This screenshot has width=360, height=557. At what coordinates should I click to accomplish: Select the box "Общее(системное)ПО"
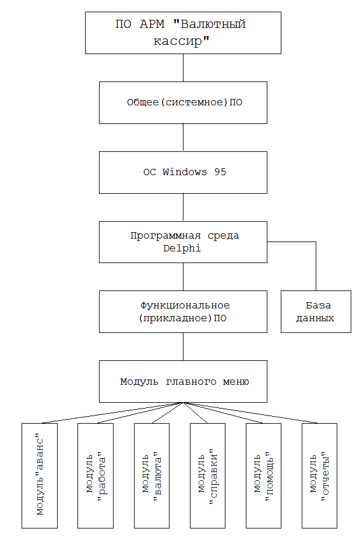pyautogui.click(x=183, y=102)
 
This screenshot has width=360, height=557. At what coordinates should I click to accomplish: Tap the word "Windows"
pyautogui.click(x=185, y=172)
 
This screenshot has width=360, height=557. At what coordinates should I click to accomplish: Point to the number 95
pyautogui.click(x=220, y=172)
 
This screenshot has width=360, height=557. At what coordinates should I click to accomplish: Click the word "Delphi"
pyautogui.click(x=182, y=249)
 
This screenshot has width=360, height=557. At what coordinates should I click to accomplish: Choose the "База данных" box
pyautogui.click(x=316, y=311)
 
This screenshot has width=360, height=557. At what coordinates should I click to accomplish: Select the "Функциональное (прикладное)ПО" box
pyautogui.click(x=183, y=311)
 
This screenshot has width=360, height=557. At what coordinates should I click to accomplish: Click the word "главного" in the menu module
pyautogui.click(x=191, y=382)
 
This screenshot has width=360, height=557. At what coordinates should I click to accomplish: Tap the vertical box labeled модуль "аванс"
pyautogui.click(x=40, y=476)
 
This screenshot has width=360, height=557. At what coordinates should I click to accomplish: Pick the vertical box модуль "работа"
pyautogui.click(x=96, y=476)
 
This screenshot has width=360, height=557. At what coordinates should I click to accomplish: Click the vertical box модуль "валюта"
pyautogui.click(x=151, y=476)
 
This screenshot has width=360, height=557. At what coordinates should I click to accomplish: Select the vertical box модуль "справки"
pyautogui.click(x=207, y=476)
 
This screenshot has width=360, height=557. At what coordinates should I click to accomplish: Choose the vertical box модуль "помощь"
pyautogui.click(x=263, y=476)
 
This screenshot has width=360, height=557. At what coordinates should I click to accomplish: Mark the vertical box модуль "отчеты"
pyautogui.click(x=319, y=476)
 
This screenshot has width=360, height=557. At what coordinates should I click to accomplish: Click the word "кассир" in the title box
pyautogui.click(x=178, y=41)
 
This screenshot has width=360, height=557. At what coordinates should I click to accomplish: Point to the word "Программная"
pyautogui.click(x=165, y=236)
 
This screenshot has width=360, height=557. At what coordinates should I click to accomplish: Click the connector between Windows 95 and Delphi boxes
pyautogui.click(x=183, y=207)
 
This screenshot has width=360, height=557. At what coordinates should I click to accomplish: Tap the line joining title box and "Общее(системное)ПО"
pyautogui.click(x=183, y=68)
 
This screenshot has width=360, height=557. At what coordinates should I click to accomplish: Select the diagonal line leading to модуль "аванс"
pyautogui.click(x=112, y=413)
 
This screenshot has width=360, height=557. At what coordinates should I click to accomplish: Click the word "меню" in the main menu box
pyautogui.click(x=236, y=382)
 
